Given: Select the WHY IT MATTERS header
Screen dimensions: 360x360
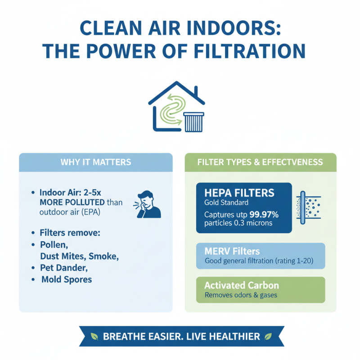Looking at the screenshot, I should click(x=95, y=162).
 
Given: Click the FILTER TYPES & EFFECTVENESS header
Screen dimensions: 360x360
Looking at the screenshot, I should click(x=260, y=162).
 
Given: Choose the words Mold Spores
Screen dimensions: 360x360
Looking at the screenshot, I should click(x=67, y=279).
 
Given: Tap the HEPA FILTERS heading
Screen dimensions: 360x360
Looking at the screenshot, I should click(x=239, y=193).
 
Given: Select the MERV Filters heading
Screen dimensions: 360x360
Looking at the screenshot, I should click(x=232, y=251).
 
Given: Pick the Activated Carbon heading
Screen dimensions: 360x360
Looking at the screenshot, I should click(x=241, y=285).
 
